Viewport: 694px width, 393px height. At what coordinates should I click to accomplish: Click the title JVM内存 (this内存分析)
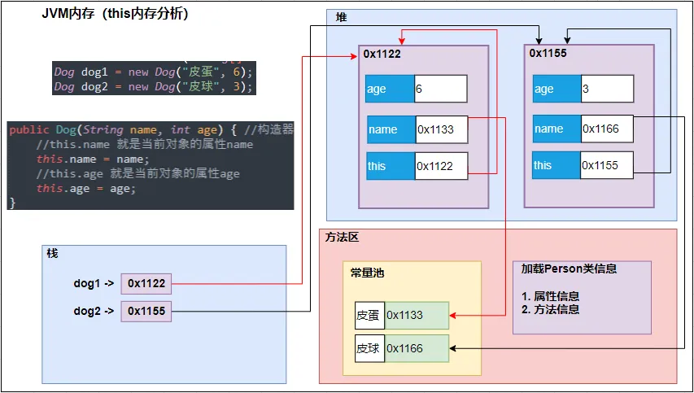[115, 14]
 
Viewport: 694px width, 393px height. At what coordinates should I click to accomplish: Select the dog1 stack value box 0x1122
[146, 283]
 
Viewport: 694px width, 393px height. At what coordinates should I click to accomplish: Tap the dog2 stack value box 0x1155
[146, 311]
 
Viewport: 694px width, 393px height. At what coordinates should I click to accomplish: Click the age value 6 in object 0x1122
[440, 89]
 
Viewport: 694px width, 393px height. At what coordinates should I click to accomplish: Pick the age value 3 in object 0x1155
[606, 89]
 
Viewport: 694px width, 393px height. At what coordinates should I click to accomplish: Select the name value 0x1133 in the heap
[441, 129]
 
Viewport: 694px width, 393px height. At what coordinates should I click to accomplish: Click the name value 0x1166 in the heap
[606, 129]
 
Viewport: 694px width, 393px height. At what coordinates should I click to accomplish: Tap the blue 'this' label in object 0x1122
[390, 166]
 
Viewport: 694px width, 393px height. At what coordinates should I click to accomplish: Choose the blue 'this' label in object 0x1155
[557, 165]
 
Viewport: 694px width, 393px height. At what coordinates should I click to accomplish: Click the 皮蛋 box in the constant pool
[369, 315]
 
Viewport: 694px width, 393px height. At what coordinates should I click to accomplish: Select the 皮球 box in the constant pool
[369, 347]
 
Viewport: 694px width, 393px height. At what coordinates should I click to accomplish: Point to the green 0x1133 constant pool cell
[416, 315]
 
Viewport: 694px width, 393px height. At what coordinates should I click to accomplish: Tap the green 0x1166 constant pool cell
[416, 347]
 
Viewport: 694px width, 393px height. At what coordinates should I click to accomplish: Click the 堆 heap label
[341, 18]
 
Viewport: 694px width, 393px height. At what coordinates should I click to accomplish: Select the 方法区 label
[342, 238]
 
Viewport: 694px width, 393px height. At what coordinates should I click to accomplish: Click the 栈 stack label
[53, 254]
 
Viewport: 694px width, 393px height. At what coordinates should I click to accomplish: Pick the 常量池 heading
[367, 273]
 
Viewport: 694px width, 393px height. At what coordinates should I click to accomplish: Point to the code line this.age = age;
[86, 188]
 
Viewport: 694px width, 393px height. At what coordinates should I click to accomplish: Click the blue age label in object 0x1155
[557, 89]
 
